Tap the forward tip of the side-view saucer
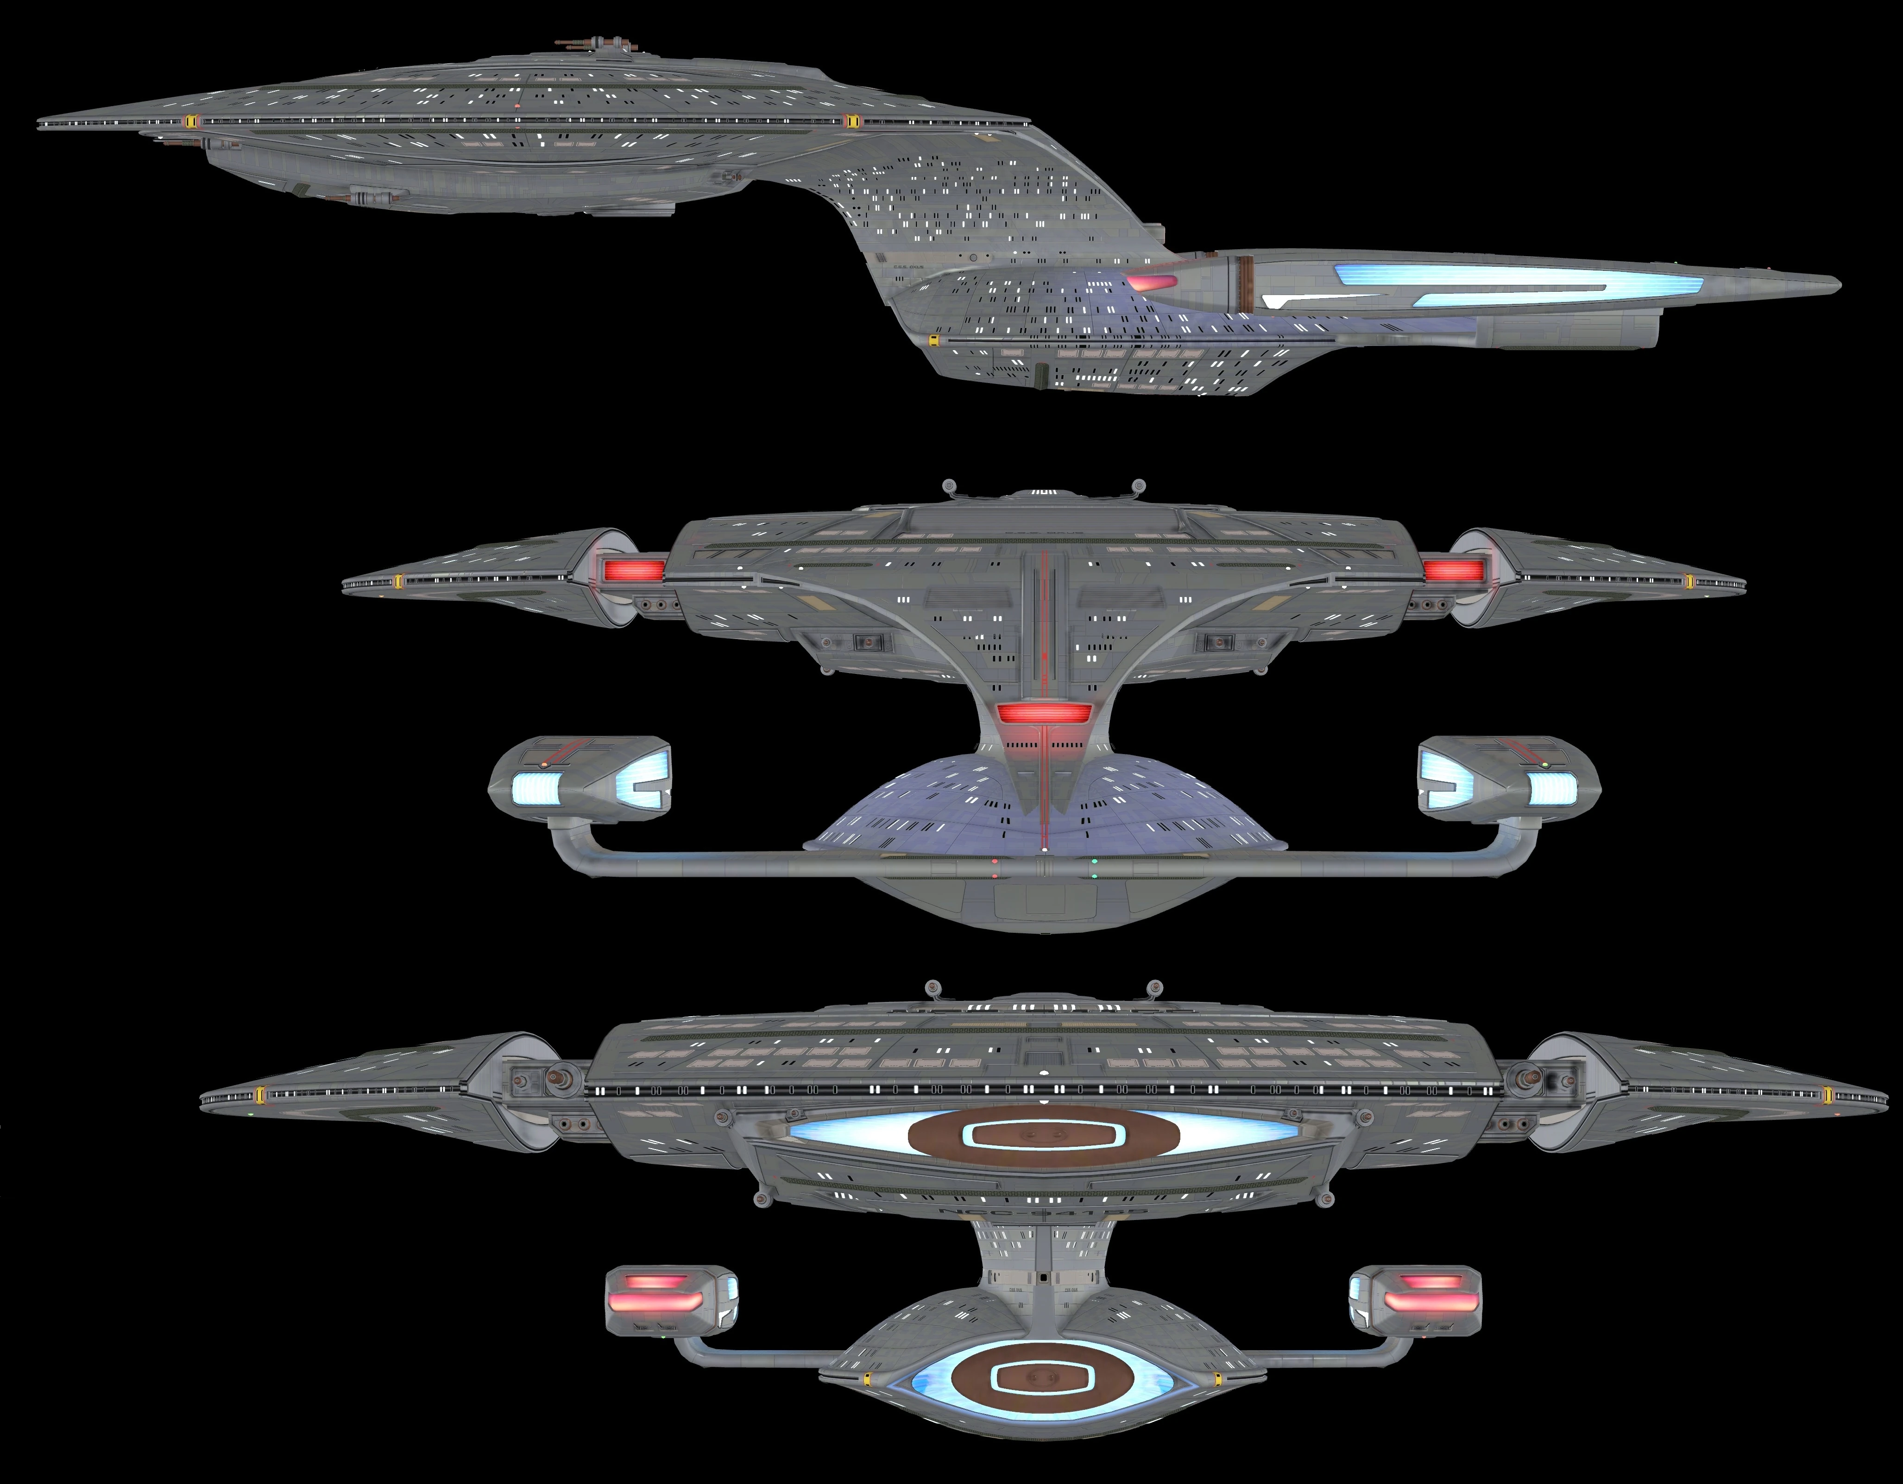(x=42, y=126)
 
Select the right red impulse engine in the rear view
(x=1453, y=571)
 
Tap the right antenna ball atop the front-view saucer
(x=1155, y=987)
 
